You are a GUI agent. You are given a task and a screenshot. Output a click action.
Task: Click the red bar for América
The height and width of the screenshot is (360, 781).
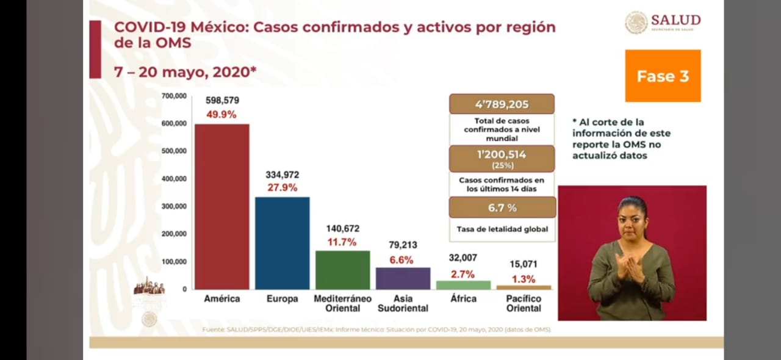[x=221, y=206]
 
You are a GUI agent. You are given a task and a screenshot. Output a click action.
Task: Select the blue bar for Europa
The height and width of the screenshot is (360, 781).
[x=282, y=243]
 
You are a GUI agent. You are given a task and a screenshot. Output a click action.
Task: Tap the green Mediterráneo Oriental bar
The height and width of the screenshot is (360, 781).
[x=342, y=270]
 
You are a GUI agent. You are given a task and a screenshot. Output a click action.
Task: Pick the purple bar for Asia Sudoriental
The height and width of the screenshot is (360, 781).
[x=403, y=278]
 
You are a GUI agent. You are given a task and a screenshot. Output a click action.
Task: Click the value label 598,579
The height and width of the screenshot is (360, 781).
[x=221, y=99]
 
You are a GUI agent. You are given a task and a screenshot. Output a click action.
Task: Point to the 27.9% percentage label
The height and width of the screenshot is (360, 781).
[x=282, y=187]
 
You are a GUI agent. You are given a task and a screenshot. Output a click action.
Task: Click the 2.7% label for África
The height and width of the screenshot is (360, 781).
[x=463, y=274]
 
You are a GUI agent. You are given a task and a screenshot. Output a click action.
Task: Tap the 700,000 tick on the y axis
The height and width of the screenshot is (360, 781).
[x=174, y=96]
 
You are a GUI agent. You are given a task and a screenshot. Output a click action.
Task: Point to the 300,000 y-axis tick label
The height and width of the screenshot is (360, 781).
[x=174, y=206]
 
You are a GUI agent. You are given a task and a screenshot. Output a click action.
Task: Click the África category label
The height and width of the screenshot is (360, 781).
[x=463, y=299]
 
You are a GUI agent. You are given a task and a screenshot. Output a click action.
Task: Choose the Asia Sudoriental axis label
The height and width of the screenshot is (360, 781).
[x=403, y=303]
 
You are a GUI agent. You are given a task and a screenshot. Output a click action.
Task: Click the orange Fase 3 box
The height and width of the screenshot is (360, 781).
[x=663, y=76]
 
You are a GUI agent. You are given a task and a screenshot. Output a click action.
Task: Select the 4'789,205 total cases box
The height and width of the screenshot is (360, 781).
[x=502, y=104]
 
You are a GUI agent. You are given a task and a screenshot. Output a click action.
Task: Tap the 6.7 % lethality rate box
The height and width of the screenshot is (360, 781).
[x=502, y=207]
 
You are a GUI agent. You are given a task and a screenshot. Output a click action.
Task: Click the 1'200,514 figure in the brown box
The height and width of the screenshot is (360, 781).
[x=502, y=155]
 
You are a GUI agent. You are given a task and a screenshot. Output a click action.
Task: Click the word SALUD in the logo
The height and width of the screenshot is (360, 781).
[x=675, y=20]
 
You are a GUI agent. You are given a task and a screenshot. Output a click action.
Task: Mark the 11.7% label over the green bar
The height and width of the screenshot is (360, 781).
[x=342, y=242]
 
